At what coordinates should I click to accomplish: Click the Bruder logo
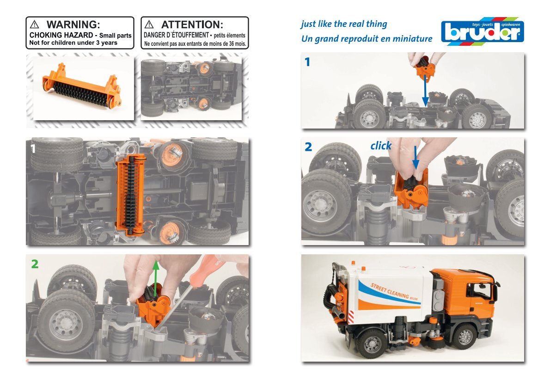point(483,31)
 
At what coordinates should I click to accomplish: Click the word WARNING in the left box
point(73,25)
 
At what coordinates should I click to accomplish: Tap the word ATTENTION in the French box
point(192,25)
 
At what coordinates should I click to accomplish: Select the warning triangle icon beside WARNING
point(34,24)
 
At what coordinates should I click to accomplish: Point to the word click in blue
point(381,146)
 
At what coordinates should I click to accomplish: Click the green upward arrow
point(156,275)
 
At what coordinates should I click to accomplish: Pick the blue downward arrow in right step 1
point(425,90)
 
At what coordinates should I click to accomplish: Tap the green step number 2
point(35,264)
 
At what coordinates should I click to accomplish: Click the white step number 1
point(33,149)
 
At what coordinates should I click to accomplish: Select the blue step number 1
point(307,62)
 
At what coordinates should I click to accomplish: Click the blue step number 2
point(308,147)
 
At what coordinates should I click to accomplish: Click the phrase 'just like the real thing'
point(344,24)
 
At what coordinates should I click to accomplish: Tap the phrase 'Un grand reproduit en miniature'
point(367,38)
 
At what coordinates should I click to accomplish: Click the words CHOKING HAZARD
point(61,35)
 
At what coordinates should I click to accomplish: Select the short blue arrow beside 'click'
point(416,158)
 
